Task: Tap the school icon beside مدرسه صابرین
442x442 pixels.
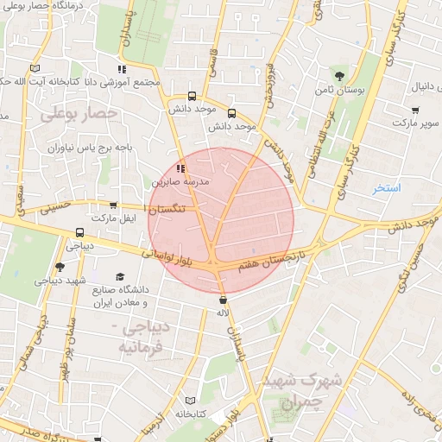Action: (180, 167)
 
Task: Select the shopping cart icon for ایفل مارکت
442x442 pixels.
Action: (113, 206)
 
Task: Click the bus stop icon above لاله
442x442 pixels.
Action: (224, 300)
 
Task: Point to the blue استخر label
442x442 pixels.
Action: (388, 187)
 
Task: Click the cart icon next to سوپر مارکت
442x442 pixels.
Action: (416, 110)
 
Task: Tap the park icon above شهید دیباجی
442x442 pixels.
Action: (59, 267)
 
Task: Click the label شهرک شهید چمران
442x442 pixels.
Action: (312, 391)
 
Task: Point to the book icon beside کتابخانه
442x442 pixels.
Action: (202, 402)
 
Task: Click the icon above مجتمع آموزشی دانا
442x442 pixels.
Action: (123, 68)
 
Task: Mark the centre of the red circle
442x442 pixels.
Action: (220, 219)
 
